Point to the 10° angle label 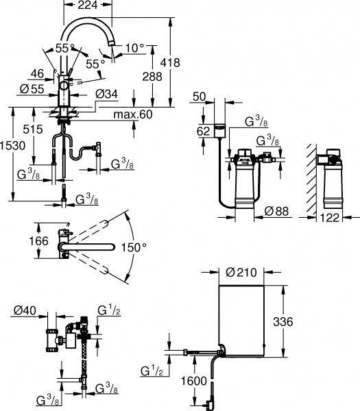tap(134, 47)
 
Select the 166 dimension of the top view tap(40, 240)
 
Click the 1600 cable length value tap(195, 380)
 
